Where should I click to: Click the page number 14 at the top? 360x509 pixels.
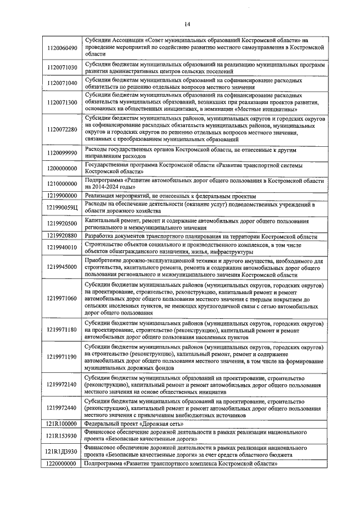187,24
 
